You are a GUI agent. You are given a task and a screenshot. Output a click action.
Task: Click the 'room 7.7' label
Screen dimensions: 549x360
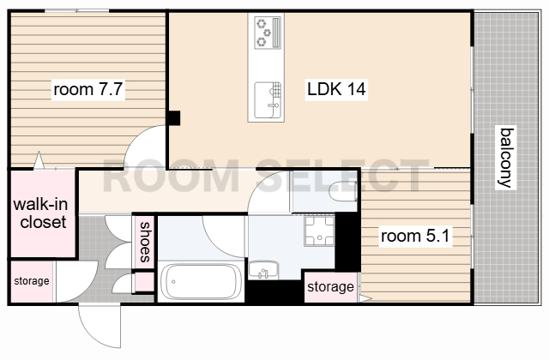[87, 89]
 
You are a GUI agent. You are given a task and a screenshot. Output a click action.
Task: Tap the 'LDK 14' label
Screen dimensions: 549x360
[336, 89]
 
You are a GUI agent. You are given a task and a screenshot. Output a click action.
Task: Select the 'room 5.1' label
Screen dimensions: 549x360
[415, 237]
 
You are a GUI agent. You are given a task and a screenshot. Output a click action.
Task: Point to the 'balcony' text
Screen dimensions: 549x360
[506, 158]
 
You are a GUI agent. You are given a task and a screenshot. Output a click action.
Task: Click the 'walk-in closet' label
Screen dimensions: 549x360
[41, 213]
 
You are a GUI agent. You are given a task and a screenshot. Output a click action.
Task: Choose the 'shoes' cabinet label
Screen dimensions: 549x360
[145, 242]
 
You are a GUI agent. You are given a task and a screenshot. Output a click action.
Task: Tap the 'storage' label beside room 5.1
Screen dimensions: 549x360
[330, 287]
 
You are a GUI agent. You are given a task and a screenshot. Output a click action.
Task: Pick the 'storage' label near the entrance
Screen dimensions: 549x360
[32, 281]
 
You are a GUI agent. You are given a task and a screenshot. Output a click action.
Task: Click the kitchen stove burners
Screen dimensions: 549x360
[263, 33]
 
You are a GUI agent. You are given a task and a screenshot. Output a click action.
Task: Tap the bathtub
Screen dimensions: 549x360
[201, 282]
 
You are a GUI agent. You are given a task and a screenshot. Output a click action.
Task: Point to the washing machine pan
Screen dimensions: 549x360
[319, 231]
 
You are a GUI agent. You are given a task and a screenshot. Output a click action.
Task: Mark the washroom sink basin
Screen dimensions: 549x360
[263, 270]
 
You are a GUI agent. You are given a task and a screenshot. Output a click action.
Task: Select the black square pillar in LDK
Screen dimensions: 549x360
[173, 118]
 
